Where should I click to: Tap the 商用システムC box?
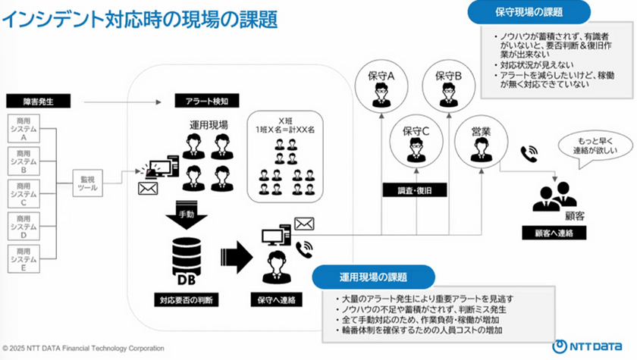(24, 193)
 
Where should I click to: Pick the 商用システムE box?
(24, 258)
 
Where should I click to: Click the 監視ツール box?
(89, 185)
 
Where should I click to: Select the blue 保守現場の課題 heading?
(529, 11)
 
